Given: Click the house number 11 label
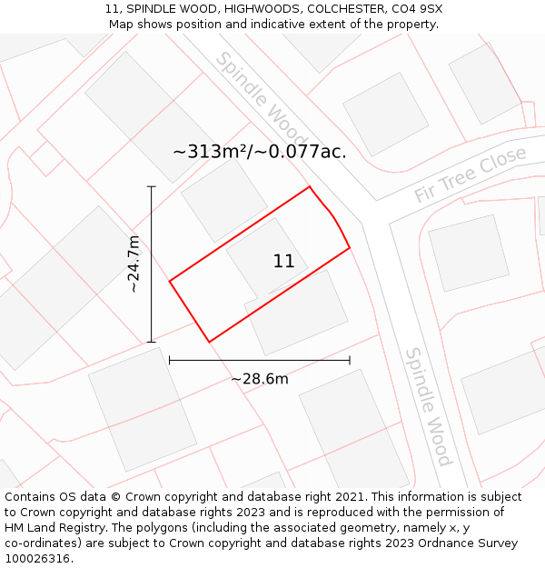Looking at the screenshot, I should coord(283,262).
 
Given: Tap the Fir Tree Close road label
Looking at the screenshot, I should coord(470,175).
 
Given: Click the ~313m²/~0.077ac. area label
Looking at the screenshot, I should coord(260,152).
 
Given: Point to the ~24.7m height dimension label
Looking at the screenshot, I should coord(134,264).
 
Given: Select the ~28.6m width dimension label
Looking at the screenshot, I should coord(259,379).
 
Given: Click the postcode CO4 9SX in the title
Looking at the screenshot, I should coord(418,8).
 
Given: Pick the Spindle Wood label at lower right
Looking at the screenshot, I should coord(428,406).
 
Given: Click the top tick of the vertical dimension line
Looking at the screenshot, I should coord(152,187).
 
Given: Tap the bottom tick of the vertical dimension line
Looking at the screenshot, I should coord(152,342).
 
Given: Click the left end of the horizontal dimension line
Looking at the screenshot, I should coord(170,360).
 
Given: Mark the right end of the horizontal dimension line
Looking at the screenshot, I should coord(350,360).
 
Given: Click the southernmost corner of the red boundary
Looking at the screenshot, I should coord(209,342).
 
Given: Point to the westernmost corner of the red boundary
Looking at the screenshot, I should coord(170,281).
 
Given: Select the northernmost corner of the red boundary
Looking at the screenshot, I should coord(310,187).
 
